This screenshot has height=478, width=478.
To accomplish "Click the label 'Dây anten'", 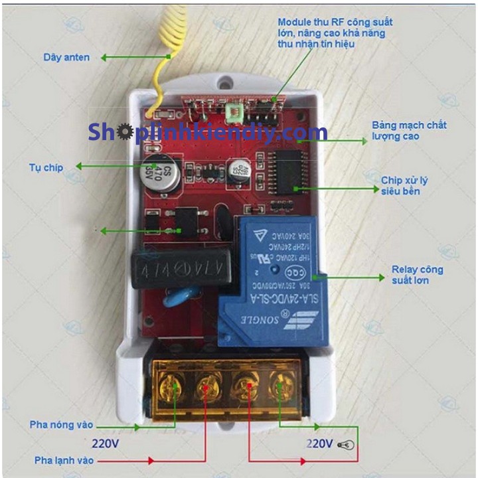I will pos(66,58).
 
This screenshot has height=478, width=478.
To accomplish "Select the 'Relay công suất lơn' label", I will pos(417,275).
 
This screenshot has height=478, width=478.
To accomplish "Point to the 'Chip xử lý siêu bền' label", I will pos(400,186).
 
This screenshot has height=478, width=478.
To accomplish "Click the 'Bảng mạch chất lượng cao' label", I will pos(409,131).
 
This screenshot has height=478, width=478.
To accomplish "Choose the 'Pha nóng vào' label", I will pos(61,424).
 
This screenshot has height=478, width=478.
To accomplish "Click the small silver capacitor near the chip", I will pos(238,171).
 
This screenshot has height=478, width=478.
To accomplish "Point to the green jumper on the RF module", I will pos(233,114).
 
